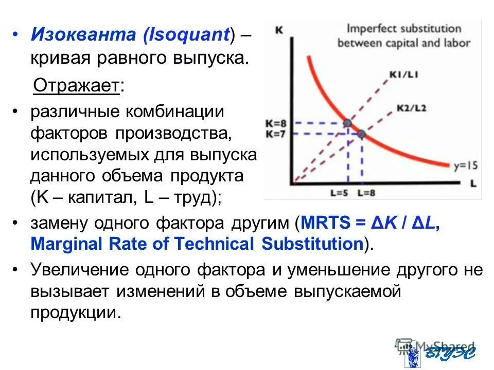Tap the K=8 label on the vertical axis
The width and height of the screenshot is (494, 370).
click(276, 123)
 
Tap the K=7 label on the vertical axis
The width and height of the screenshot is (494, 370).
click(276, 134)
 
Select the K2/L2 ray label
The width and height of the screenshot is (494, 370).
click(411, 108)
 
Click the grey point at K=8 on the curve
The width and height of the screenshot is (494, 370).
click(348, 123)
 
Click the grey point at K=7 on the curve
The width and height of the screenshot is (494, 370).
click(361, 134)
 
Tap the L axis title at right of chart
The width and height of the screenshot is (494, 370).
click(473, 182)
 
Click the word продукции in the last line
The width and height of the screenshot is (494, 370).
click(76, 312)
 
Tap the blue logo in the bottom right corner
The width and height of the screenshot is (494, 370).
click(443, 353)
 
